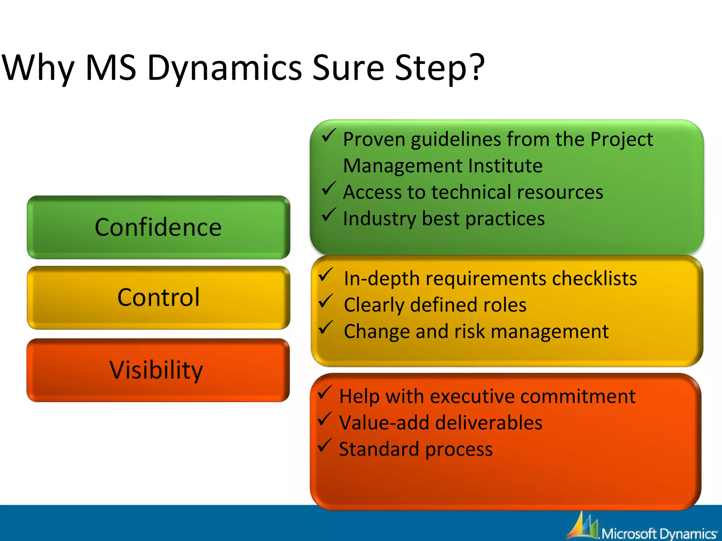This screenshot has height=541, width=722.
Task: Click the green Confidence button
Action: [158, 227]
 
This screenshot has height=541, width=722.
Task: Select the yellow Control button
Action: [158, 298]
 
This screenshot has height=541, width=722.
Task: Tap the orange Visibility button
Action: [158, 370]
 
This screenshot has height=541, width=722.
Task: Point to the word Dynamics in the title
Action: [225, 68]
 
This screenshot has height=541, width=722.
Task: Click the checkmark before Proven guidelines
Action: [328, 136]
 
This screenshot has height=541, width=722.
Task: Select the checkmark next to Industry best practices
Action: [328, 215]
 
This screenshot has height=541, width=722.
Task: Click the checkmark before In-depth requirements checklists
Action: [326, 275]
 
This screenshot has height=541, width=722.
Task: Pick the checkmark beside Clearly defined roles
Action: [326, 301]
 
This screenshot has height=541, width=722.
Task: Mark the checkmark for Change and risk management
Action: [326, 328]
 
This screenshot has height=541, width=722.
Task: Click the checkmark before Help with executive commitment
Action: [324, 393]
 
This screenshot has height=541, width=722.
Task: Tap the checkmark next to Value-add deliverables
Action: [324, 419]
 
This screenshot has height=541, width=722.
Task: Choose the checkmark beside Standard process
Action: [324, 446]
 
